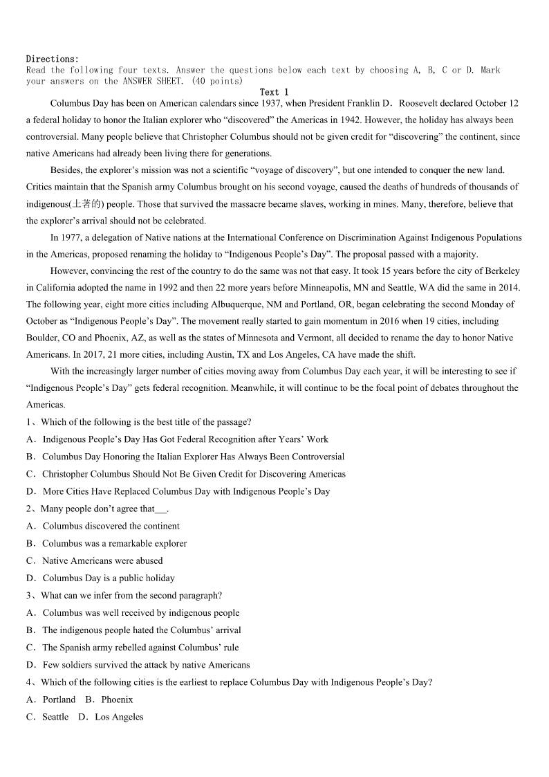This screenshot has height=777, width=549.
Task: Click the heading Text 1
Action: point(274,92)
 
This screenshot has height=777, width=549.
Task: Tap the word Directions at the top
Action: point(52,59)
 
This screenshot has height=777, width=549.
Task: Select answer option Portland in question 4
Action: point(59,700)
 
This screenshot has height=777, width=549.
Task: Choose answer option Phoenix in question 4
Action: point(116,700)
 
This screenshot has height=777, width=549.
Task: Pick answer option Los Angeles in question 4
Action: point(119,717)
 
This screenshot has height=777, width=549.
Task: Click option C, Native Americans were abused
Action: point(102,560)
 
